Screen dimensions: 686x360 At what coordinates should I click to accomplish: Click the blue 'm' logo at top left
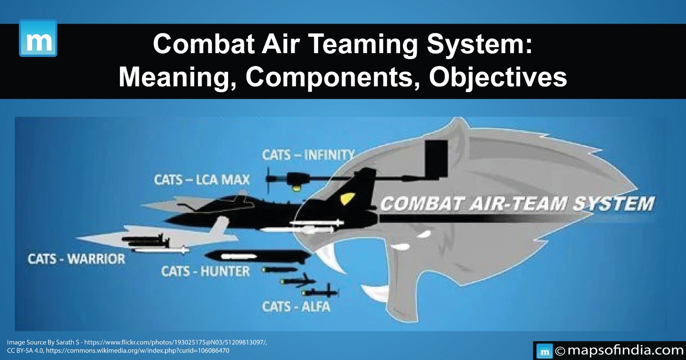38,38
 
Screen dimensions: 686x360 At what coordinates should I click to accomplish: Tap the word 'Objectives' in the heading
498,78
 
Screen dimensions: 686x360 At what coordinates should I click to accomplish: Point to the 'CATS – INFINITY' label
308,155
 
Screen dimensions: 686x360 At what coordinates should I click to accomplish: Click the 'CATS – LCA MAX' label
202,180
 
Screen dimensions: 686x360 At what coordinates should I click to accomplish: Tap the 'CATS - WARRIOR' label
76,259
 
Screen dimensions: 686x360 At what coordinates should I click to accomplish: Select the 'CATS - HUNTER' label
205,271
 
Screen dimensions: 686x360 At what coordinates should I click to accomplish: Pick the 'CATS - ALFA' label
296,307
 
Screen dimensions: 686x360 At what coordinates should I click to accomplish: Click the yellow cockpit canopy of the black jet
346,199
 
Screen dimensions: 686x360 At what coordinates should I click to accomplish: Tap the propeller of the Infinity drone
269,180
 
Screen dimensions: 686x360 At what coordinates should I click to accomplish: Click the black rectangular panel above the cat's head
436,159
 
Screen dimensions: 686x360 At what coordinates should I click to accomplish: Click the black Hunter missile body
257,257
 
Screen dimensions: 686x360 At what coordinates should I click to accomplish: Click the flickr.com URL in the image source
175,342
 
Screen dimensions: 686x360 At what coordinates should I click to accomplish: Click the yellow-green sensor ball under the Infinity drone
295,187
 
